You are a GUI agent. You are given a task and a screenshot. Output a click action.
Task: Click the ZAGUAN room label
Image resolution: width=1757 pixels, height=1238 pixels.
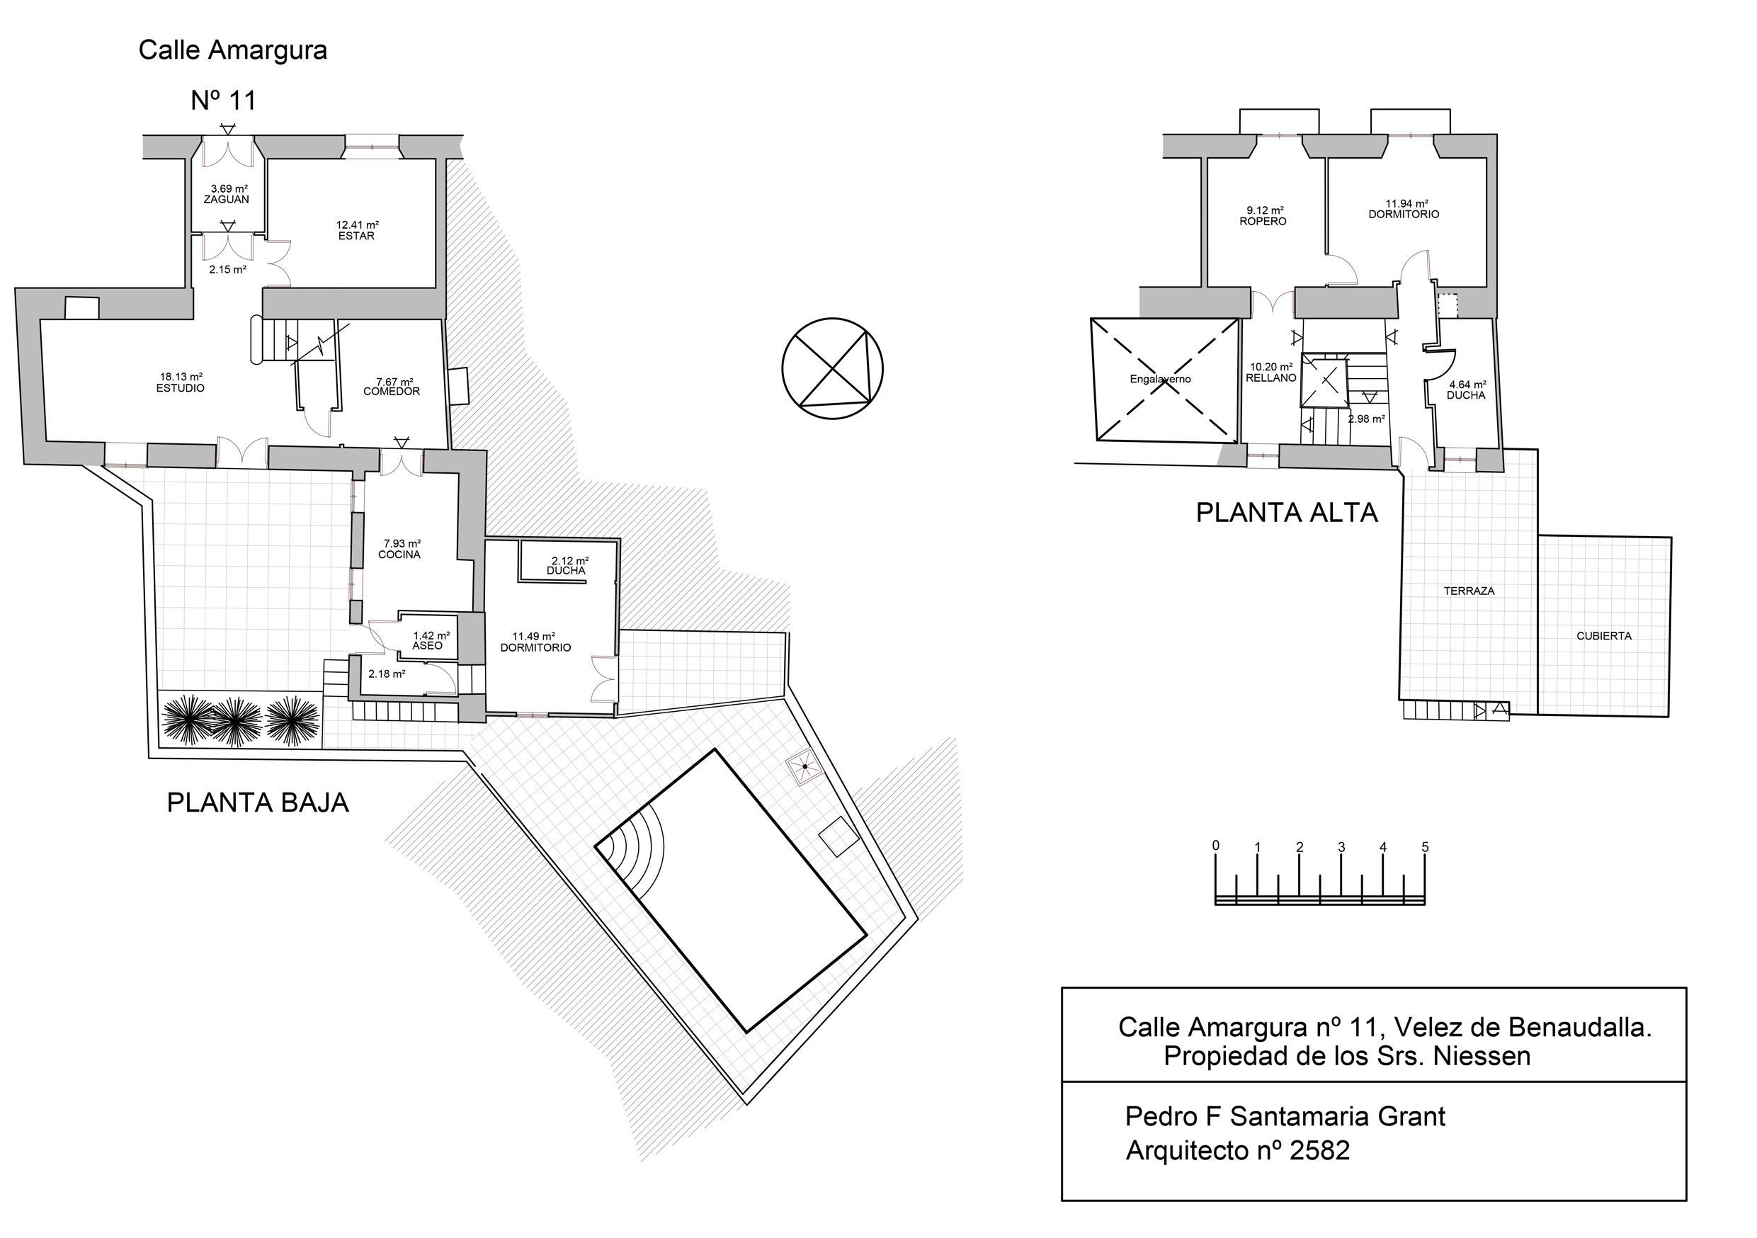[x=227, y=200]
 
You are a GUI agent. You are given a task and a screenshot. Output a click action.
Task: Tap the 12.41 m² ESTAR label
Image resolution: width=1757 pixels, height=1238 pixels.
[x=357, y=236]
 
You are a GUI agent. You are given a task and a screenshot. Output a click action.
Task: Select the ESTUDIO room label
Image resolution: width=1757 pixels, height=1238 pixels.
[x=181, y=388]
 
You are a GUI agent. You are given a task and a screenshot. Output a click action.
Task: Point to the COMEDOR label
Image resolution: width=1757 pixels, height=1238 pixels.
[x=392, y=392]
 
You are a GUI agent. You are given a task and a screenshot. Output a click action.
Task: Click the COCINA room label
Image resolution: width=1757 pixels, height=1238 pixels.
[x=399, y=555]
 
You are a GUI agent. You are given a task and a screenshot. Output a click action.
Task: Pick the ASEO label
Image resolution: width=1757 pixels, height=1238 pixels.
[x=427, y=646]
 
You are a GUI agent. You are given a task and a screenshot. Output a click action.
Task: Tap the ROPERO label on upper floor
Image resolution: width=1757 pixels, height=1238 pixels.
[x=1263, y=221]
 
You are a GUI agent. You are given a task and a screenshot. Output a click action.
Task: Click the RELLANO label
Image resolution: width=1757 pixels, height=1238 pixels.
[x=1271, y=378]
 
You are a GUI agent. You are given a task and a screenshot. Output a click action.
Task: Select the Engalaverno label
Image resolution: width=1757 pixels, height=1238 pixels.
[x=1160, y=380]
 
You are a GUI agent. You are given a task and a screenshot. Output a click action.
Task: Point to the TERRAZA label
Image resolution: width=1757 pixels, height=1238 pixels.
[x=1469, y=591]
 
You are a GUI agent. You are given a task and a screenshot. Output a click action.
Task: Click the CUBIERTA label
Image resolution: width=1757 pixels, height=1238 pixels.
[x=1604, y=636]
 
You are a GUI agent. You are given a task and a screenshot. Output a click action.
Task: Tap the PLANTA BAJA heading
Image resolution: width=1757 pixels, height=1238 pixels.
[x=258, y=802]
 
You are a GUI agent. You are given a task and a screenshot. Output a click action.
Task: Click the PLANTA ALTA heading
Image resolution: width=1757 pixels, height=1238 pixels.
[x=1286, y=513]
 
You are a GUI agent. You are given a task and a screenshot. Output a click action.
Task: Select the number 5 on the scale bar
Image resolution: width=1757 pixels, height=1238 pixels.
[x=1425, y=847]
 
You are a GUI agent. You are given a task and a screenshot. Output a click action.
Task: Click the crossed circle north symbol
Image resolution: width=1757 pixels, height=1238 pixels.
[x=832, y=369]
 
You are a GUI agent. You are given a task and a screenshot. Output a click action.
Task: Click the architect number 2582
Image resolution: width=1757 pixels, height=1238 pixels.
[x=1319, y=1151]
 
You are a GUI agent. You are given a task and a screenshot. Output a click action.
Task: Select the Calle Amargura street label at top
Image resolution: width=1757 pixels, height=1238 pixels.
[x=232, y=50]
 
